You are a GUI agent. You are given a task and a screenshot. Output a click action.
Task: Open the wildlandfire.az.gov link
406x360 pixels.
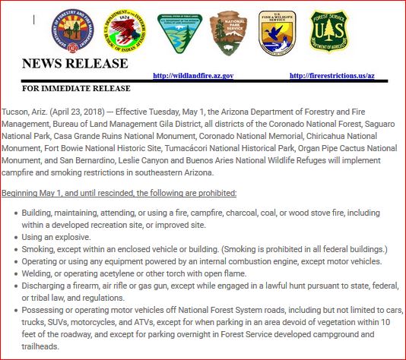coord(192,76)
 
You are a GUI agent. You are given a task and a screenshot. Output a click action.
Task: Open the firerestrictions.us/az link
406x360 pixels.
coord(332,76)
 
